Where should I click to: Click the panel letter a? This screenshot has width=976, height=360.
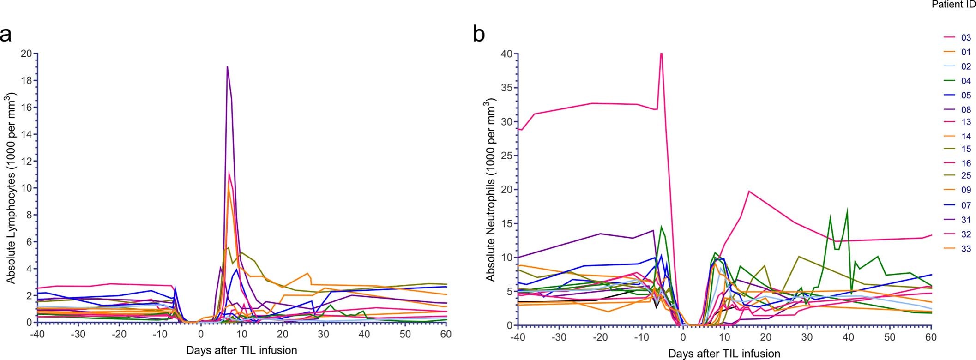[x=6, y=35]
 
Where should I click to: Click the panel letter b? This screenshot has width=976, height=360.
[x=479, y=35]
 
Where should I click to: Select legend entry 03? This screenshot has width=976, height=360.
[x=965, y=38]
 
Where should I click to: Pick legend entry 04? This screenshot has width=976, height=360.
[x=965, y=81]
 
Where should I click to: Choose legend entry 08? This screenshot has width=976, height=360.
[x=965, y=110]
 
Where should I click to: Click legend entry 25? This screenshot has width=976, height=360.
[x=965, y=175]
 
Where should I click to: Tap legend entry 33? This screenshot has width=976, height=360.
[x=965, y=249]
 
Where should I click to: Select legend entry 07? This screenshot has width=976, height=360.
[x=965, y=205]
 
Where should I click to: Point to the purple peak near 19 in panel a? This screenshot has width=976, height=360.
[x=227, y=67]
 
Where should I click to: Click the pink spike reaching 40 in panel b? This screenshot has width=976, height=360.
[x=661, y=54]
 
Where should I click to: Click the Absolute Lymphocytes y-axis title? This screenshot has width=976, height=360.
[x=11, y=188]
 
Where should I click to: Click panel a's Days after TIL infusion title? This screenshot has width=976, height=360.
[x=241, y=350]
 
